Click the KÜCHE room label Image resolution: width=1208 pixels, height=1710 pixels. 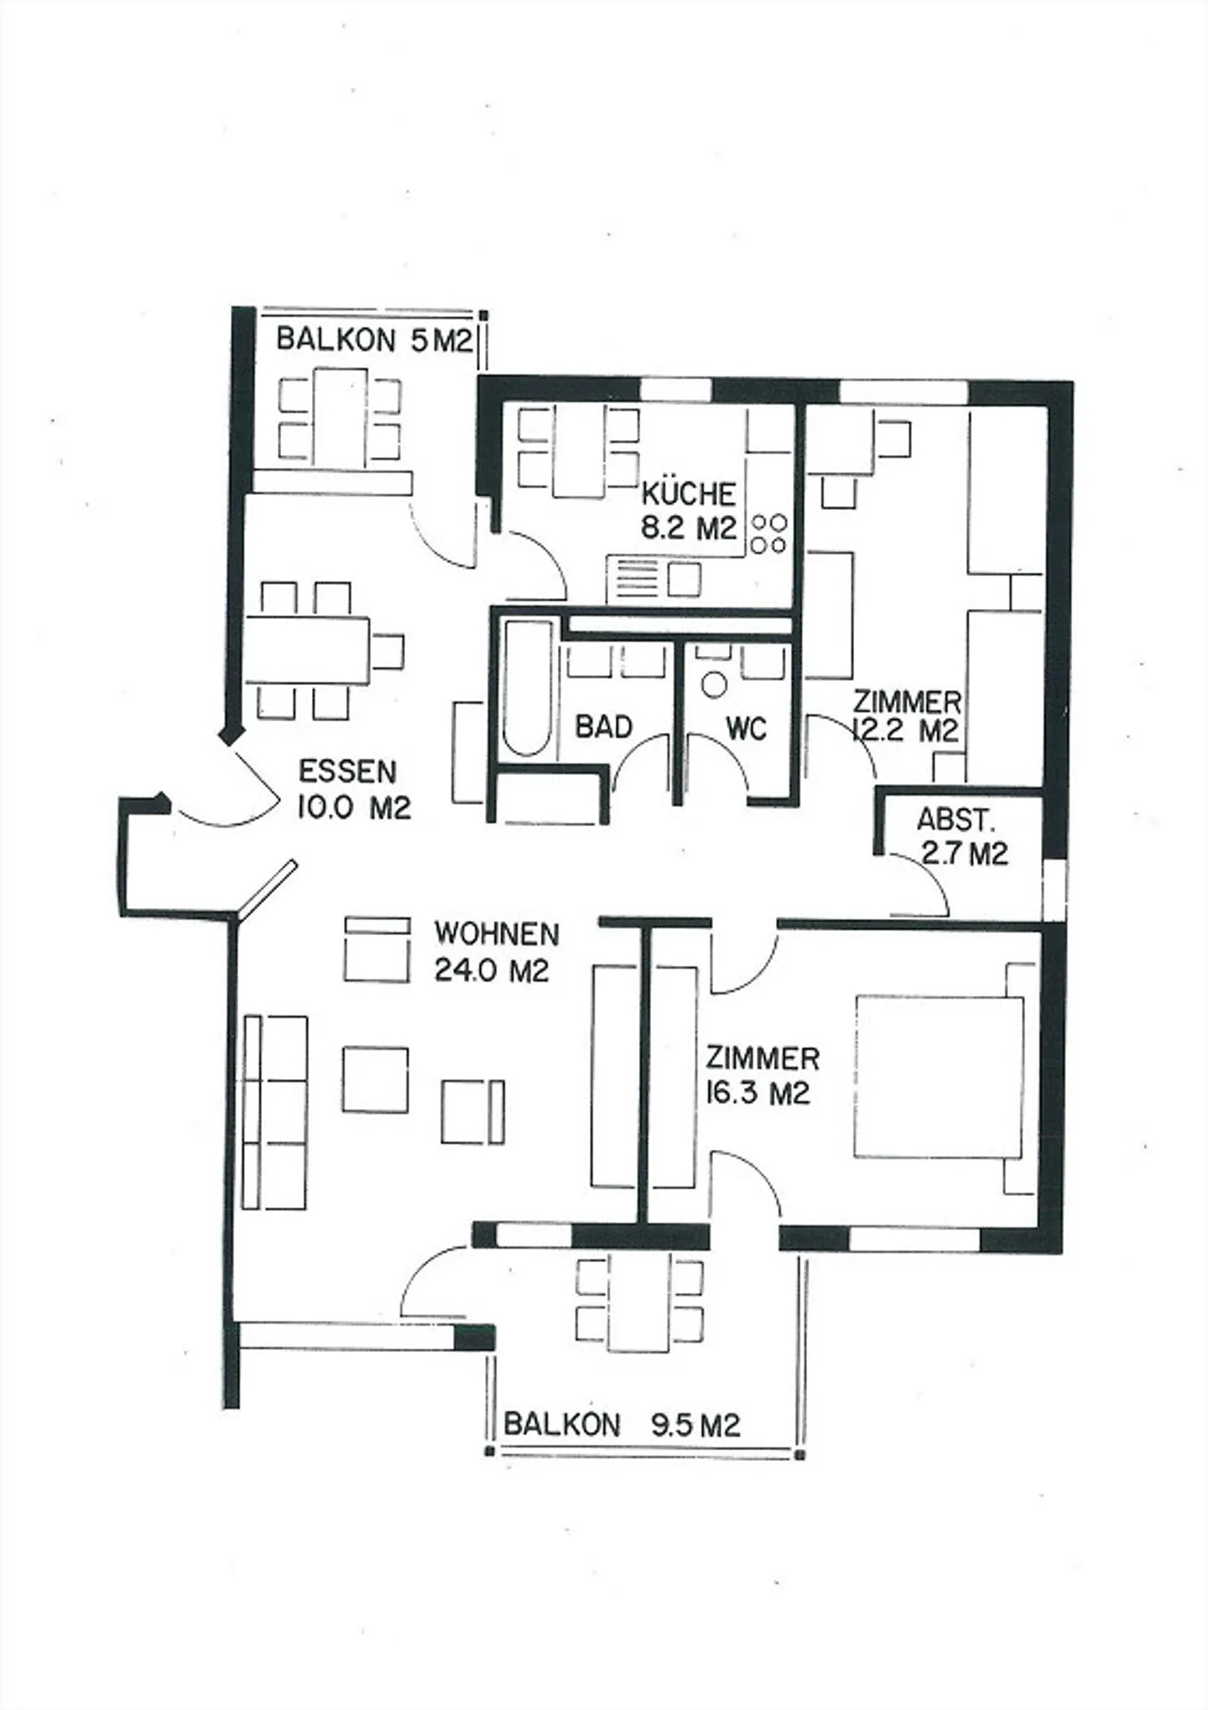pos(689,492)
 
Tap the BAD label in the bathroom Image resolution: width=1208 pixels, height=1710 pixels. pos(604,726)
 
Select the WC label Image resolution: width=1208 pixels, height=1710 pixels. pos(746,728)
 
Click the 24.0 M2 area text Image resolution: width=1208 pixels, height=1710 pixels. pos(492,969)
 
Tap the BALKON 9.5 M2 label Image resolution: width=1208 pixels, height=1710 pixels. pos(622,1424)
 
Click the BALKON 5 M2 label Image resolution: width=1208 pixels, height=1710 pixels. pos(374,340)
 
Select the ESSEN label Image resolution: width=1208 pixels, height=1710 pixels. pos(347,771)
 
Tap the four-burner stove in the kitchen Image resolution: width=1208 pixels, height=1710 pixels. pos(769,534)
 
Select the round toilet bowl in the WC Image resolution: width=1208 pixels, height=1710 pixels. pos(714,684)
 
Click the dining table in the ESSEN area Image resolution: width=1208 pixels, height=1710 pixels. pos(308,650)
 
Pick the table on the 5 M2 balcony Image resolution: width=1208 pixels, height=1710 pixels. pos(340,418)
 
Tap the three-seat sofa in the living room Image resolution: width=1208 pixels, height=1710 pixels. pos(275,1113)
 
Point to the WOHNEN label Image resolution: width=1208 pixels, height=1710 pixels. pos(497,933)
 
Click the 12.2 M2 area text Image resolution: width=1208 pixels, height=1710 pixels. pos(905,730)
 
